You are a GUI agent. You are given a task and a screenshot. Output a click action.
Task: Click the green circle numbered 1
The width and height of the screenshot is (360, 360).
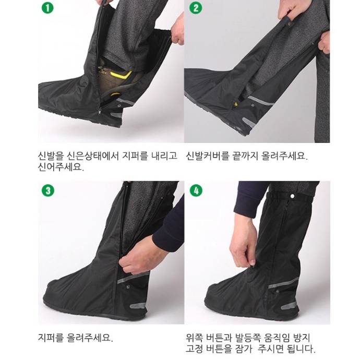coord(47,8)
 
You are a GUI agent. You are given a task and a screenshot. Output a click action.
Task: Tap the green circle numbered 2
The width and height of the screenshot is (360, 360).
coord(196,8)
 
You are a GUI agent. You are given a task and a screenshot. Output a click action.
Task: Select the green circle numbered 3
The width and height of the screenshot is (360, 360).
coord(48,190)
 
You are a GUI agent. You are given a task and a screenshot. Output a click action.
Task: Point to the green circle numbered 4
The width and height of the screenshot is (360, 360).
coord(196,190)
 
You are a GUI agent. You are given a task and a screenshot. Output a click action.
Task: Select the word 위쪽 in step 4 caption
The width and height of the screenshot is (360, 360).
coord(195,338)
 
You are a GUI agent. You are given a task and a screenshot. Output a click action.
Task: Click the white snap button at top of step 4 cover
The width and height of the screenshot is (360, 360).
coord(293,196)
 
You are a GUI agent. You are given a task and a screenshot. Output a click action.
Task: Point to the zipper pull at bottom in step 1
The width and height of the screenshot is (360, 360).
coord(100,111)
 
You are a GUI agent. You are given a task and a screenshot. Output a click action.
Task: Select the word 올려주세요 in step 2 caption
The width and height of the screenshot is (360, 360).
coord(284,156)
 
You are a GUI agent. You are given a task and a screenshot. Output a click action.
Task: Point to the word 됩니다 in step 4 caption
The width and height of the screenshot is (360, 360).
coord(301,349)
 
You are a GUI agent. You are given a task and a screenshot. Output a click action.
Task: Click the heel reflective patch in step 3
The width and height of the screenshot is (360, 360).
coord(138,305)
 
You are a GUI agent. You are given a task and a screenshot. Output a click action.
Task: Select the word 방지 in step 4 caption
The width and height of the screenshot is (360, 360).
coord(302,338)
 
